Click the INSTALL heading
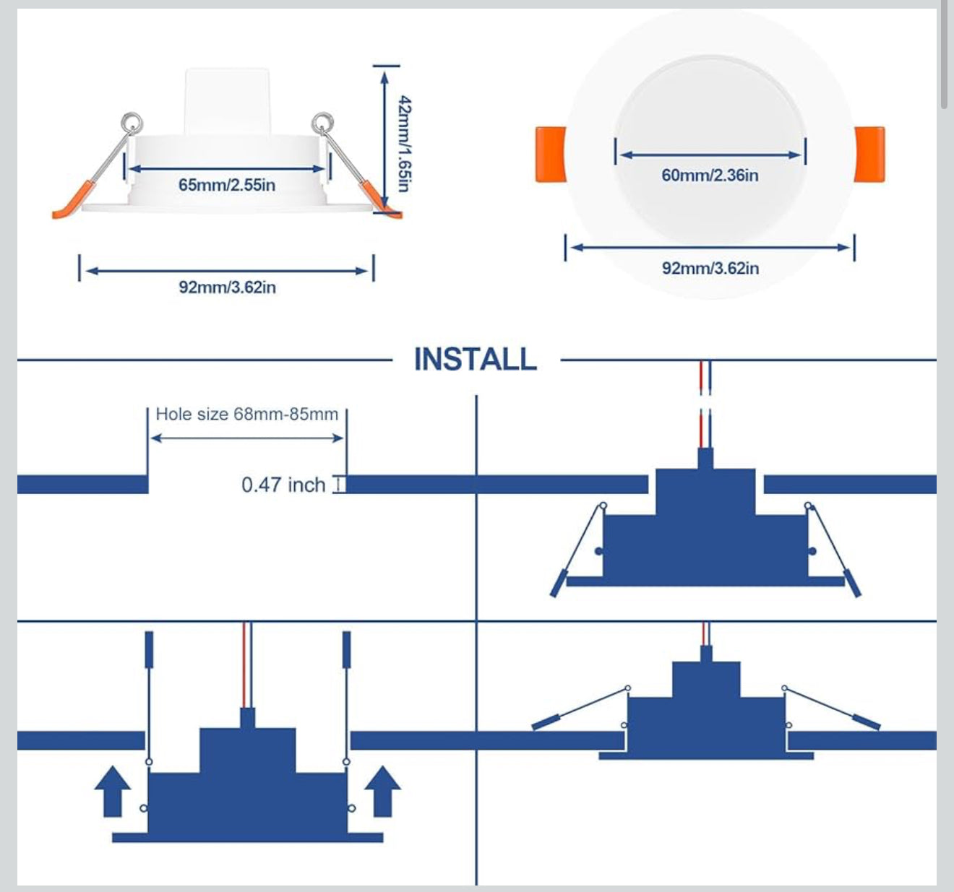475,359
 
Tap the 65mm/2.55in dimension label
227,185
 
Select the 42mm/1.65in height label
404,144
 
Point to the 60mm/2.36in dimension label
710,175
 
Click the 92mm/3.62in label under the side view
227,287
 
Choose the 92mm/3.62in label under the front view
710,268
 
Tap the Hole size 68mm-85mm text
246,414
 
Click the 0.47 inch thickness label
283,484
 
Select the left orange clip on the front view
550,154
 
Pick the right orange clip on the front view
869,154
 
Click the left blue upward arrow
113,792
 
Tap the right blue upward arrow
382,792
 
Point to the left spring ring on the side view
132,122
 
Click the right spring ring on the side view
322,122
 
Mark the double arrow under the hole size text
246,438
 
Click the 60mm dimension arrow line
710,155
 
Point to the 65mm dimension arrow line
226,169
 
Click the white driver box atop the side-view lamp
227,101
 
